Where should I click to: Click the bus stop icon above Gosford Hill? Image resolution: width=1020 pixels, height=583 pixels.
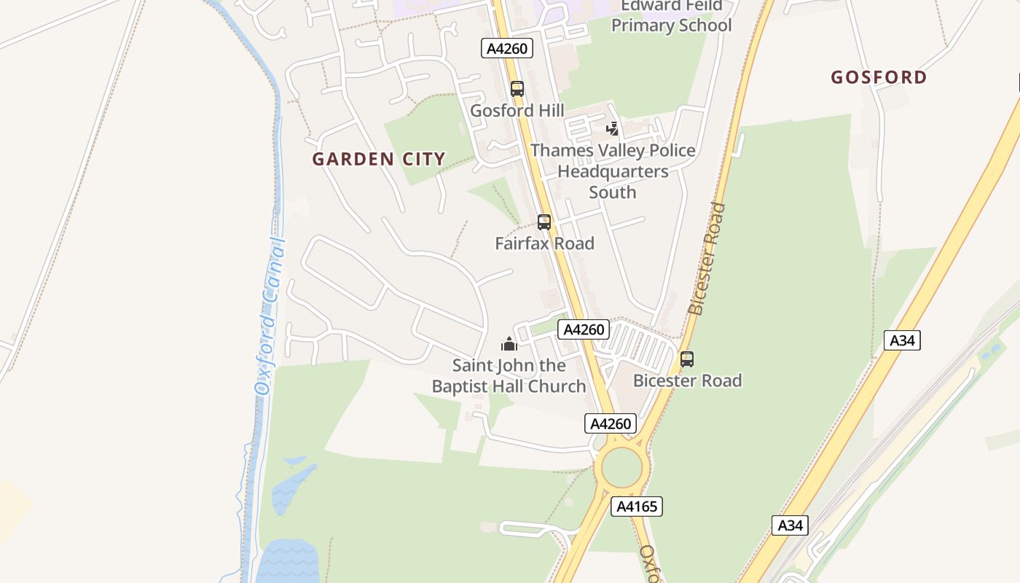click(517, 89)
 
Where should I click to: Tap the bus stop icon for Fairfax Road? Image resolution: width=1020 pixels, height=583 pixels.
click(544, 222)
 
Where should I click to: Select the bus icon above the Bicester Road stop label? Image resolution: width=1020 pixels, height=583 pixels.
click(687, 359)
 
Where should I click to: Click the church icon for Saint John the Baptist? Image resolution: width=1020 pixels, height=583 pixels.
click(509, 344)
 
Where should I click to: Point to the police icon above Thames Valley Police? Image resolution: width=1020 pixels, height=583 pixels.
click(613, 129)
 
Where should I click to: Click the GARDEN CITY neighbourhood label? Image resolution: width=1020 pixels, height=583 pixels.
click(379, 159)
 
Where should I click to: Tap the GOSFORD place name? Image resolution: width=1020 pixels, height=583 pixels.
click(879, 77)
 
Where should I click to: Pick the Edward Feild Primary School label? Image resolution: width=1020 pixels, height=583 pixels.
click(671, 16)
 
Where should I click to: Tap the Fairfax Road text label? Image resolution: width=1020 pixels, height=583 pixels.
click(544, 243)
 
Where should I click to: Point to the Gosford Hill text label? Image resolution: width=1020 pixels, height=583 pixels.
click(517, 111)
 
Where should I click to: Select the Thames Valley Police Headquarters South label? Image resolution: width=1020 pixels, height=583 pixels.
click(613, 171)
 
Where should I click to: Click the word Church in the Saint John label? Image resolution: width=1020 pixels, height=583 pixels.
click(557, 386)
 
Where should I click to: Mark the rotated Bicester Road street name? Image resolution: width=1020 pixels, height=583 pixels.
click(707, 259)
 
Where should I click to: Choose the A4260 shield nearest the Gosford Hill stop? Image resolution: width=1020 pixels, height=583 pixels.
click(507, 49)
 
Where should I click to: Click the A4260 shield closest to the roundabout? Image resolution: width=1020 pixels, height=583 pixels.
click(611, 423)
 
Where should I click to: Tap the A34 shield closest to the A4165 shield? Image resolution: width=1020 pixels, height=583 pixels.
click(790, 525)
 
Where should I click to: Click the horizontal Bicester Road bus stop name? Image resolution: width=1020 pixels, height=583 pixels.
click(687, 380)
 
